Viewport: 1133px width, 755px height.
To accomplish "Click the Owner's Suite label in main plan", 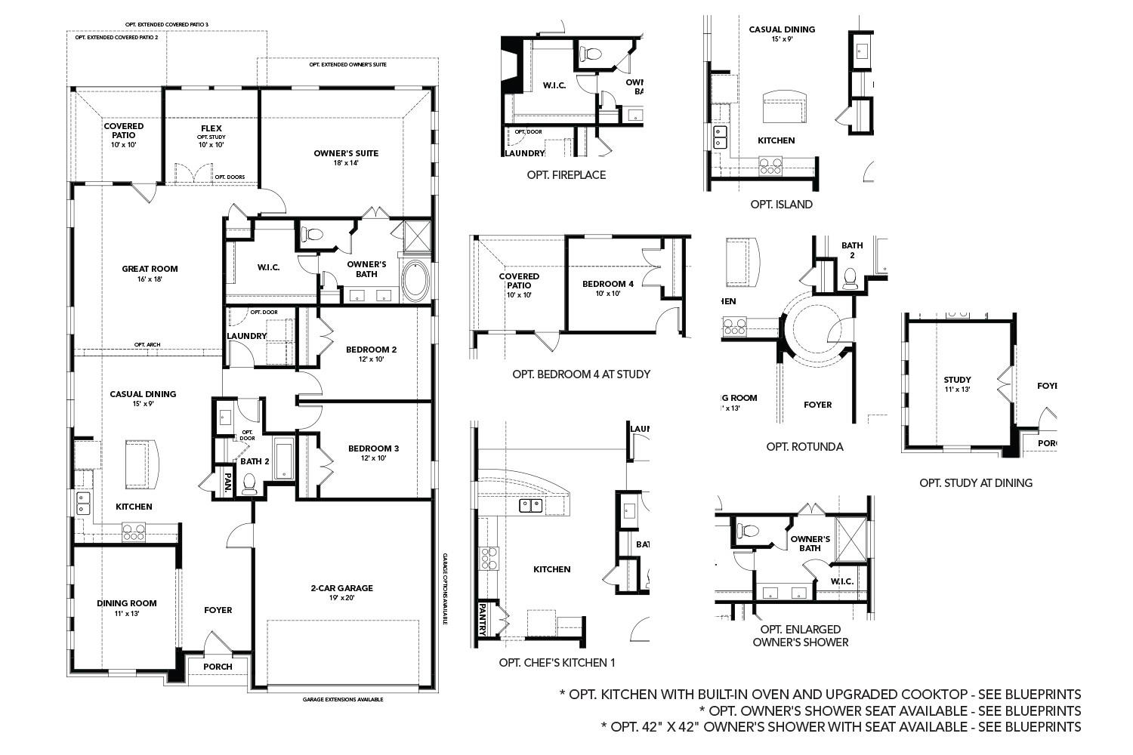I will (346, 153).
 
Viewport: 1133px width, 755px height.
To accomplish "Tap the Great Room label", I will (150, 269).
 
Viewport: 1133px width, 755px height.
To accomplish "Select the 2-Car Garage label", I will (341, 588).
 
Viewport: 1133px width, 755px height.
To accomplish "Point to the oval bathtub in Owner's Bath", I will (415, 281).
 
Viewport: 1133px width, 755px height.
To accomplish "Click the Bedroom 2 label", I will (371, 350).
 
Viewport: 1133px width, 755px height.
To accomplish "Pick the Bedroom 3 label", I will (373, 448).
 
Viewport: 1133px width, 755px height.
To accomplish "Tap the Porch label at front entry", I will (218, 667).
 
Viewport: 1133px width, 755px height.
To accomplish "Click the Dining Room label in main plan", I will (127, 602).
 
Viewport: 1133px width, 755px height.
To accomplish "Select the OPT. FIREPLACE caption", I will (566, 175).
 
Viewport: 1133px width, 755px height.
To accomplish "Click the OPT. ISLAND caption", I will (781, 205).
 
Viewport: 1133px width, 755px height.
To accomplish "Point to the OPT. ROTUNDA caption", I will (804, 447).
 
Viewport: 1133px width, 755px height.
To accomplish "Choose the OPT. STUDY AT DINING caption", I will (975, 482).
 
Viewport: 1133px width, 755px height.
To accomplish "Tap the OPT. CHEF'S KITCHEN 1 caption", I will (557, 663).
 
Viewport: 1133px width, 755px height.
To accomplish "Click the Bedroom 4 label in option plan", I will (608, 284).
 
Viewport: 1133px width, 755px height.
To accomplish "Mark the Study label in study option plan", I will (957, 380).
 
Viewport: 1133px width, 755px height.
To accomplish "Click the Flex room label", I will (211, 128).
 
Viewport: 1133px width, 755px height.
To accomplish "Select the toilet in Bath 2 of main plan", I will (249, 483).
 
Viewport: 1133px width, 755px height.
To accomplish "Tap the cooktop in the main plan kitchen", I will (134, 532).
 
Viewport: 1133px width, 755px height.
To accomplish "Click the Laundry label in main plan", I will (247, 336).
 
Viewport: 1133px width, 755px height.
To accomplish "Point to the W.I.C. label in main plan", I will (269, 267).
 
